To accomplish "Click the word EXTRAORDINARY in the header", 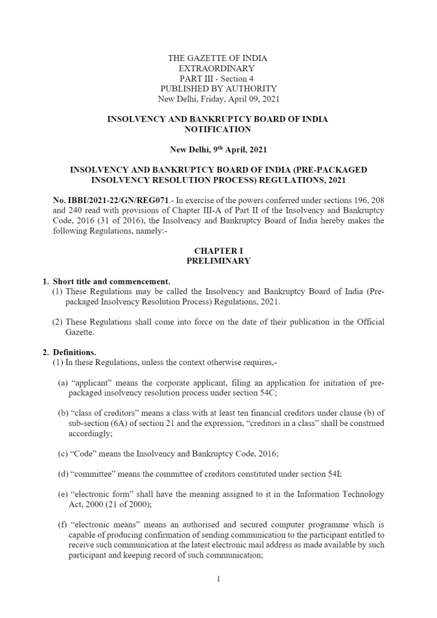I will pyautogui.click(x=217, y=69).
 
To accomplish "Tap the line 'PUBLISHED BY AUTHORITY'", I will pyautogui.click(x=217, y=89).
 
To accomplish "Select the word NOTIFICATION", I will pyautogui.click(x=218, y=129).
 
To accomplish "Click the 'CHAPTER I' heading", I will pyautogui.click(x=218, y=251).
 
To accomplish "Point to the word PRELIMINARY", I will pyautogui.click(x=218, y=261).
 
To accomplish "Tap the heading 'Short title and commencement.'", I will pyautogui.click(x=111, y=282).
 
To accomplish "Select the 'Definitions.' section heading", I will pyautogui.click(x=74, y=352).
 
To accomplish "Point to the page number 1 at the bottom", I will pyautogui.click(x=218, y=579).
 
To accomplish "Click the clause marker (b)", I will pyautogui.click(x=63, y=413).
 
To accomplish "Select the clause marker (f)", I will pyautogui.click(x=62, y=524).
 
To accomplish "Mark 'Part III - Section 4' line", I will pyautogui.click(x=217, y=79).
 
